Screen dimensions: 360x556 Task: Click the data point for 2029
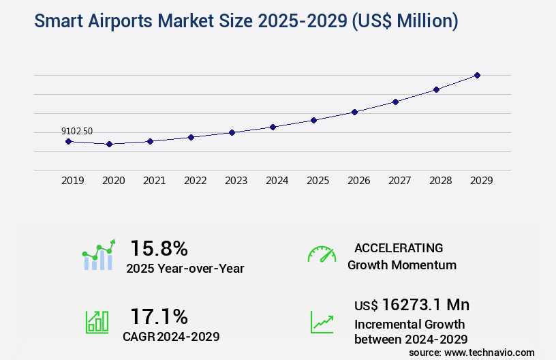(x=477, y=75)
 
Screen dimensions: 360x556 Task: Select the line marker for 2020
(x=109, y=144)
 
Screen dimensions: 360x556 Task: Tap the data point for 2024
(x=273, y=127)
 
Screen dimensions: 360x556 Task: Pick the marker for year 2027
(x=395, y=102)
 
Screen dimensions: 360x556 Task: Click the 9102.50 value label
(x=77, y=131)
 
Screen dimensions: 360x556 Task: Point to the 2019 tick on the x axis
(x=73, y=181)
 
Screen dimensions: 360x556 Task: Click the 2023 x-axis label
(x=236, y=181)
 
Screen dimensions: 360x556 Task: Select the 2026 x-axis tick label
(x=359, y=181)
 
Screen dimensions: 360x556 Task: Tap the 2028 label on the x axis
(x=441, y=181)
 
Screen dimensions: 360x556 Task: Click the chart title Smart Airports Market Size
(x=246, y=21)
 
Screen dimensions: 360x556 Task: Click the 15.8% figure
(x=159, y=247)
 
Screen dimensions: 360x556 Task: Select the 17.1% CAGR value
(x=159, y=316)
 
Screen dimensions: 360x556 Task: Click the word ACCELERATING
(x=399, y=247)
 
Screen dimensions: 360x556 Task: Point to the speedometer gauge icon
(x=322, y=254)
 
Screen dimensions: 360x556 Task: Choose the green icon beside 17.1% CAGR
(x=97, y=321)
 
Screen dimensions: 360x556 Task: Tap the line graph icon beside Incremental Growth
(x=322, y=322)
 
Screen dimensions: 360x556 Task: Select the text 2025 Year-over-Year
(x=185, y=269)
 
